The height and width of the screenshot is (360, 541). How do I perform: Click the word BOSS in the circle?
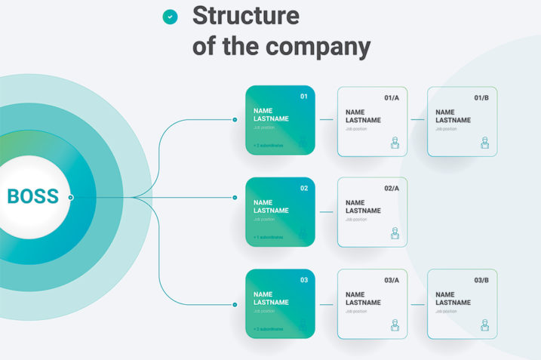pos(32,197)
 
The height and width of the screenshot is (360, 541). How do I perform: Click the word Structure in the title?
pos(246,15)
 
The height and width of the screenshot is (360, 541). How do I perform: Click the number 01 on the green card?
pos(304,97)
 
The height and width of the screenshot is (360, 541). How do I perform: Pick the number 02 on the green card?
pos(304,189)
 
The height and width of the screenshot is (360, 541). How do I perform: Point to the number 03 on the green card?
pos(304,280)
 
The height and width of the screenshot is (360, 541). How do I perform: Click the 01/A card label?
pos(392,97)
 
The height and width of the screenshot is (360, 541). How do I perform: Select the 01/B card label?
pos(481,97)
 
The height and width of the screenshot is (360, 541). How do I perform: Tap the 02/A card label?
pos(392,189)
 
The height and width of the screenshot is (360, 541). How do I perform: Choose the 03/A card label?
pos(392,280)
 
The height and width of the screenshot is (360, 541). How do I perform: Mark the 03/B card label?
pos(481,280)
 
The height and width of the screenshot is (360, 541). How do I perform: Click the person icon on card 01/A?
pos(395,143)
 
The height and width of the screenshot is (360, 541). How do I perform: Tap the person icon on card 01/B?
pos(484,143)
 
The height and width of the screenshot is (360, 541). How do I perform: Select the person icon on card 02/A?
pos(395,234)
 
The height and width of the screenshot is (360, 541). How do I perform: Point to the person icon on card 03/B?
pos(484,325)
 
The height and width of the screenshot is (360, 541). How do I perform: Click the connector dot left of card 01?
pos(235,119)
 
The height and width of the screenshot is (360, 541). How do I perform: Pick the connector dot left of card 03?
pos(235,305)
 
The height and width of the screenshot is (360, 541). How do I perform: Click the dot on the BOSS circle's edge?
pos(70,198)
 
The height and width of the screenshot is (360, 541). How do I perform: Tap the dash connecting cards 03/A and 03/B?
pos(417,305)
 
